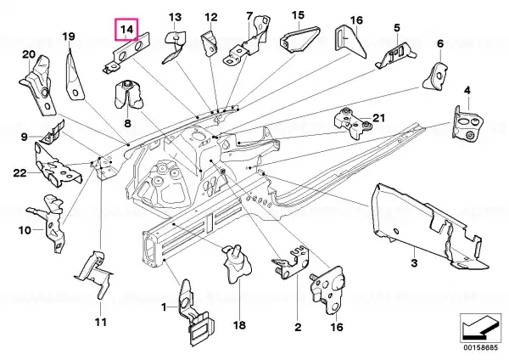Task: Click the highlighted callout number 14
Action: (x=127, y=29)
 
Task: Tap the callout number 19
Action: (x=69, y=37)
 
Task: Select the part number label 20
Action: (x=29, y=54)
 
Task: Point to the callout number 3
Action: (x=414, y=262)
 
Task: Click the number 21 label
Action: (x=378, y=118)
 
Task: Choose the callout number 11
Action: (x=101, y=323)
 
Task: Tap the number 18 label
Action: (x=239, y=325)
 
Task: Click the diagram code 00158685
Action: (x=480, y=347)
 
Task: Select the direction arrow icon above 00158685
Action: (x=480, y=327)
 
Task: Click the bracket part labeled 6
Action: (x=436, y=76)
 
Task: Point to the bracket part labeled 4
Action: (x=467, y=123)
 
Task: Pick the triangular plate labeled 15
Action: (x=299, y=39)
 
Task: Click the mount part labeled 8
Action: (x=128, y=93)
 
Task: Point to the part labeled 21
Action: (x=353, y=123)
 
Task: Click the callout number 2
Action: (x=298, y=327)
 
